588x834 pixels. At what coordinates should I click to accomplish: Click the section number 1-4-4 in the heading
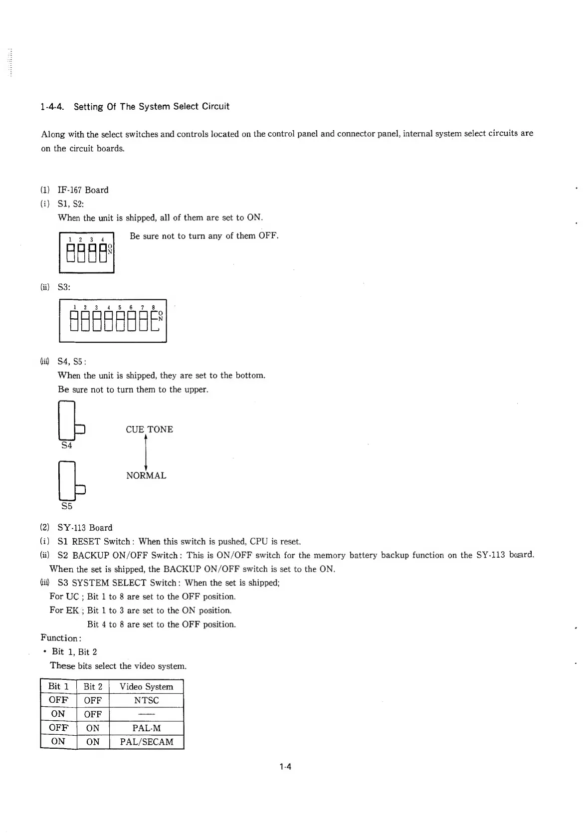pyautogui.click(x=55, y=107)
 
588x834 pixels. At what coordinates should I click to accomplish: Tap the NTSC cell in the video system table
pyautogui.click(x=146, y=700)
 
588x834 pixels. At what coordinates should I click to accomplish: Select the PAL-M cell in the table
pyautogui.click(x=146, y=728)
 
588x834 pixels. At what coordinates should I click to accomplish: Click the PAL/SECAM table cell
pyautogui.click(x=146, y=742)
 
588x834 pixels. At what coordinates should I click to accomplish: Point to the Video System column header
pyautogui.click(x=146, y=687)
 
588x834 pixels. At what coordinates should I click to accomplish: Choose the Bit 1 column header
pyautogui.click(x=58, y=686)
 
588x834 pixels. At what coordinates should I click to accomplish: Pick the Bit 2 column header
pyautogui.click(x=93, y=687)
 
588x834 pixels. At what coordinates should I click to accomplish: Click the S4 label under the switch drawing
pyautogui.click(x=67, y=445)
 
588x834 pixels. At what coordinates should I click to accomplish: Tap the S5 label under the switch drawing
pyautogui.click(x=67, y=506)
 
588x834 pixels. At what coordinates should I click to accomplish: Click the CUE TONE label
pyautogui.click(x=149, y=429)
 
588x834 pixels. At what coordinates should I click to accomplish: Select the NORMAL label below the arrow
pyautogui.click(x=146, y=476)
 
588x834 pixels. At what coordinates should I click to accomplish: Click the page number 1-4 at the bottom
pyautogui.click(x=285, y=767)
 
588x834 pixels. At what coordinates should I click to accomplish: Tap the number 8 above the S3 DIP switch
pyautogui.click(x=153, y=308)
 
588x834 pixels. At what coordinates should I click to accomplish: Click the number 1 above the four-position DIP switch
pyautogui.click(x=70, y=240)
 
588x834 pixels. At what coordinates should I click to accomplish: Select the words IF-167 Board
pyautogui.click(x=83, y=190)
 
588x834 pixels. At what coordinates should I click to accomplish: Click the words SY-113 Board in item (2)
pyautogui.click(x=85, y=528)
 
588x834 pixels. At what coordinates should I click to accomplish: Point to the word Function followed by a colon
pyautogui.click(x=60, y=638)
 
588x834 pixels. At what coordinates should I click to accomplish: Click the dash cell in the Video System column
pyautogui.click(x=146, y=714)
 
